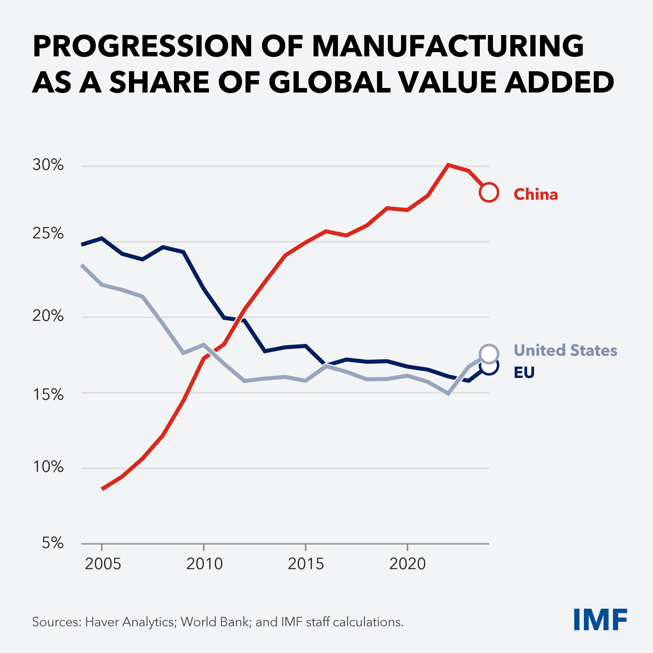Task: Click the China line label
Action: click(x=536, y=194)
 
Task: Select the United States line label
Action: click(x=565, y=350)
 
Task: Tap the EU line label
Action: click(x=524, y=373)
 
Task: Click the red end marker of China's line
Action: click(x=489, y=192)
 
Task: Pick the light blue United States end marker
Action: click(x=489, y=354)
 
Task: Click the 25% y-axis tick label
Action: click(x=48, y=233)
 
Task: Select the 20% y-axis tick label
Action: click(x=48, y=316)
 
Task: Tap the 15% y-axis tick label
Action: click(x=48, y=395)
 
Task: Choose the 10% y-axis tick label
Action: click(x=48, y=467)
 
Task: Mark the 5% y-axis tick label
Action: click(x=53, y=543)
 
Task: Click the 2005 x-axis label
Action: click(x=103, y=564)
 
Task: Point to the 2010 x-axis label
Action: click(x=204, y=564)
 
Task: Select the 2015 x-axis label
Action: click(x=306, y=564)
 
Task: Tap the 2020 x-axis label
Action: click(x=407, y=564)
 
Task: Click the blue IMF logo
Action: click(x=600, y=620)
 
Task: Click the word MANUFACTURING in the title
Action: click(x=448, y=46)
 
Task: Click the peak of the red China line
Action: click(x=448, y=165)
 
